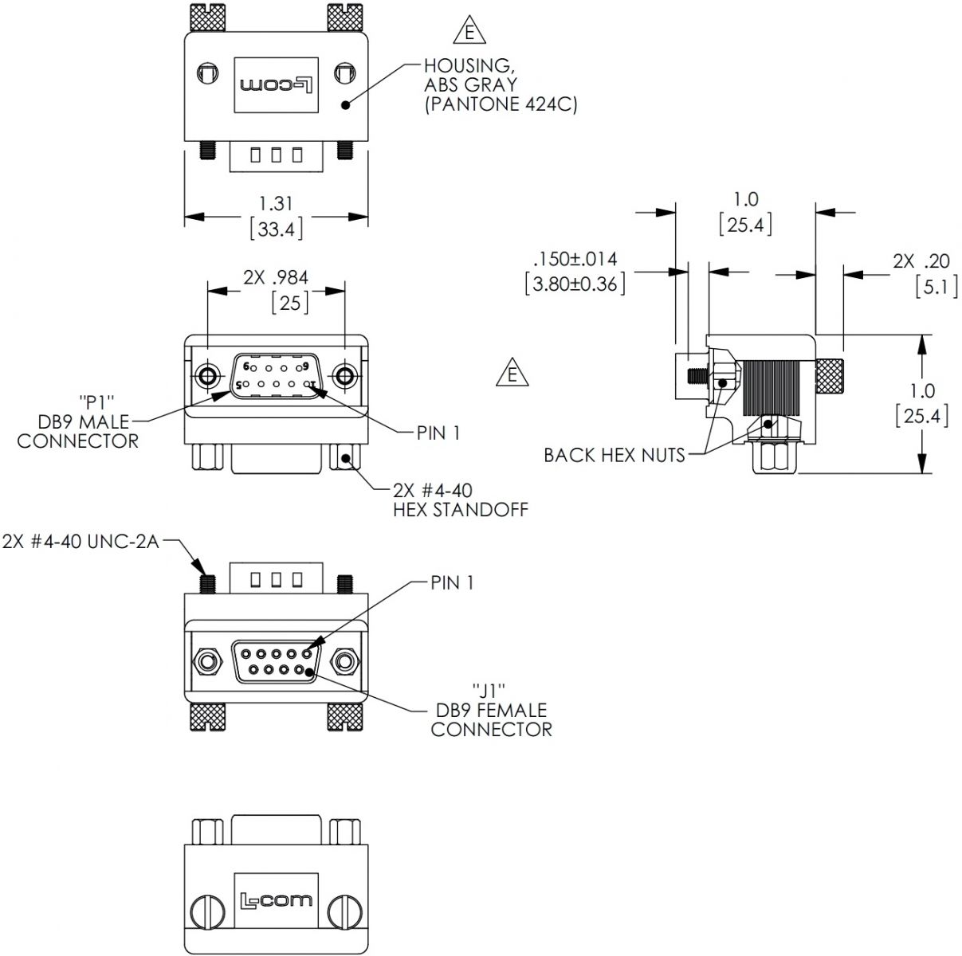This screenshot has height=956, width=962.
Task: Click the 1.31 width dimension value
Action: coord(276,204)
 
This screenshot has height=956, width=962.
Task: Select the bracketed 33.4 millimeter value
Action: coord(276,229)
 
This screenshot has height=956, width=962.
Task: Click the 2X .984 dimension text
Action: coord(276,277)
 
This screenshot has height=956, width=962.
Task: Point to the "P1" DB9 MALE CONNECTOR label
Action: coord(77,421)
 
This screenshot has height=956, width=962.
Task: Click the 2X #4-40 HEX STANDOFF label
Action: coord(460,500)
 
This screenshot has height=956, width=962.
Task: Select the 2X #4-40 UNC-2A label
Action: coord(81,542)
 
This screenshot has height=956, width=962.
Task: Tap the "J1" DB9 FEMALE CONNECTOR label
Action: coord(491,709)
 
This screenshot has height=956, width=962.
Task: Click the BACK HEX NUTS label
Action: coord(614,455)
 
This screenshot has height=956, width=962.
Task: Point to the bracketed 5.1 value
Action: coord(936,285)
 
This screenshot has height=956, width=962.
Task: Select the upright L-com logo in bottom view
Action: coord(276,901)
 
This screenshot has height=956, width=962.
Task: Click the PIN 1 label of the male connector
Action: coord(438,433)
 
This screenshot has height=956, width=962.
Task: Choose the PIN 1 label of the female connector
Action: coord(452,582)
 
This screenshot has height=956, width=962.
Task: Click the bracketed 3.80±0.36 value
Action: coord(575,284)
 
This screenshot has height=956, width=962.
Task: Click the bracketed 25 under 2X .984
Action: coord(290,303)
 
